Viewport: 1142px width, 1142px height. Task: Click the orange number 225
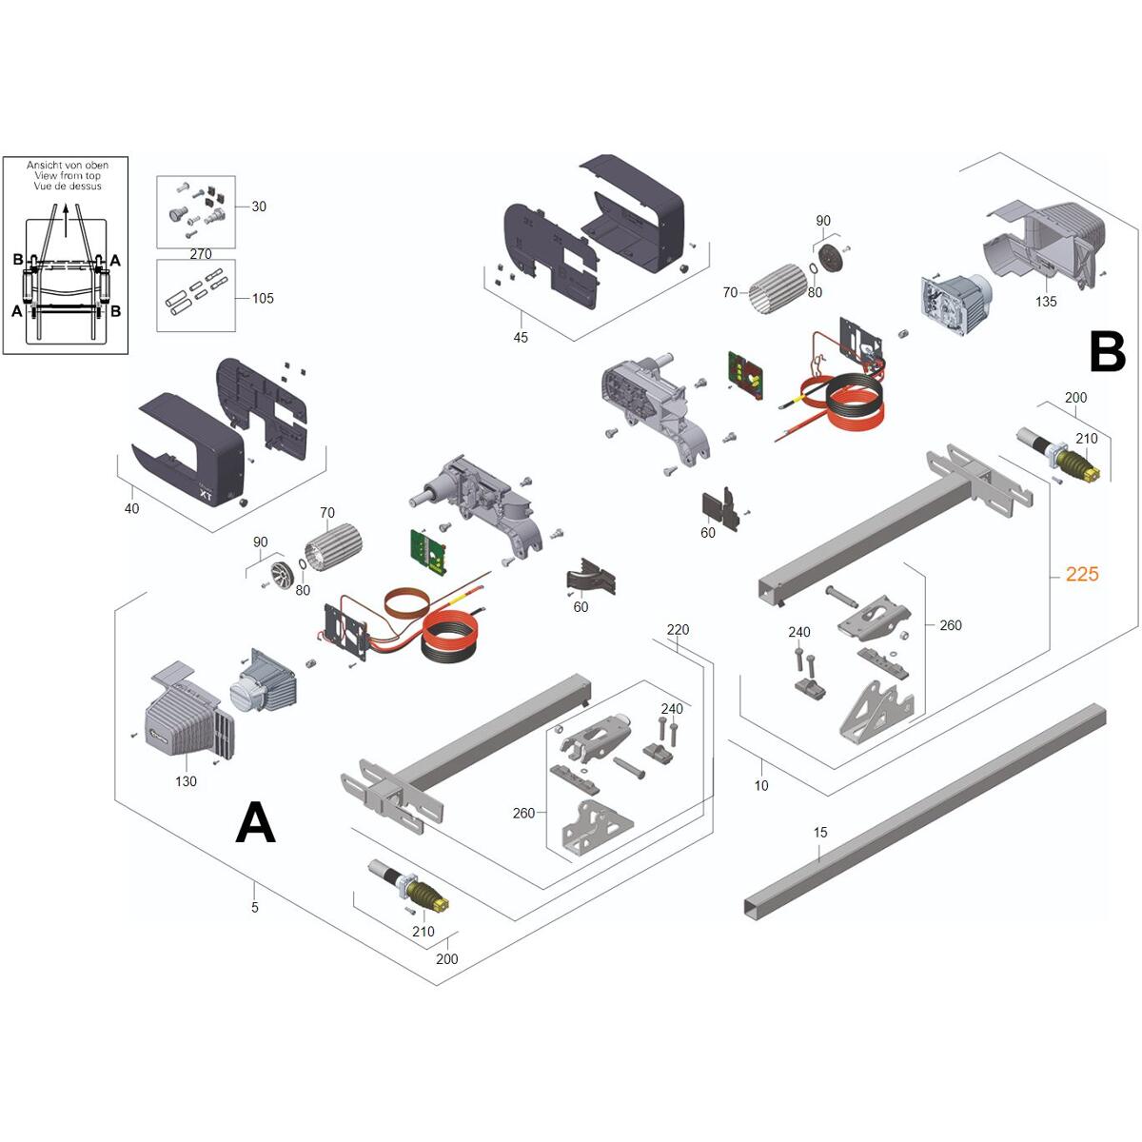[x=1082, y=574]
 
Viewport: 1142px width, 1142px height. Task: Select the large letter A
[x=255, y=822]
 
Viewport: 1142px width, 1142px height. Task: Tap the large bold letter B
[x=1108, y=353]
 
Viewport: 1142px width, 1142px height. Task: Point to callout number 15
[x=820, y=833]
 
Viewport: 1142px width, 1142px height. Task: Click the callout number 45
[x=521, y=338]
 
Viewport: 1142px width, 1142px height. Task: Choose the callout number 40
[x=131, y=509]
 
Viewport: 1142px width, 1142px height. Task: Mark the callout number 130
[x=186, y=781]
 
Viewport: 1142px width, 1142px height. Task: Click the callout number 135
[x=1046, y=302]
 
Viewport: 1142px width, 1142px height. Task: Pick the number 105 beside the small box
[x=263, y=298]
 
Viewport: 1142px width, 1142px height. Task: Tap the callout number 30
[x=259, y=207]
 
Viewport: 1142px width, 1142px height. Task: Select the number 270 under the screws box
[x=201, y=254]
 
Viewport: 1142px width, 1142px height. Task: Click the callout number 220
[x=678, y=630]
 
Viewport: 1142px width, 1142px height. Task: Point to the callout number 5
[x=255, y=908]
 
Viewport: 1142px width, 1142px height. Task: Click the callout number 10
[x=761, y=786]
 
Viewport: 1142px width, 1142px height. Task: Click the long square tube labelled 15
[x=923, y=809]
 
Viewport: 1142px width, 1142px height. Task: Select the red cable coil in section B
[x=852, y=400]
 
